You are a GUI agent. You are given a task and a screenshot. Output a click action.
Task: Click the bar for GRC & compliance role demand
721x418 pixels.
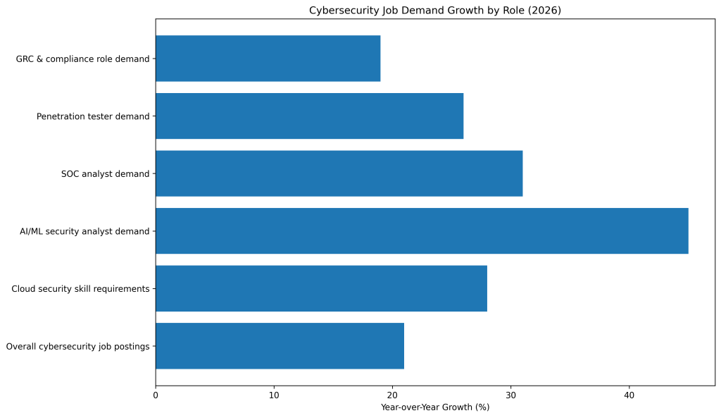tap(268, 59)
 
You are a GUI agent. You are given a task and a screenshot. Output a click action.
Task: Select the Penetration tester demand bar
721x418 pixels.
tap(309, 116)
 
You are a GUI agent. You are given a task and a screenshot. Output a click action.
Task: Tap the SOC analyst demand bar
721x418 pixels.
tap(339, 173)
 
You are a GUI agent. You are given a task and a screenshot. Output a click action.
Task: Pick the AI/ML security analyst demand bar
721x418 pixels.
tap(422, 231)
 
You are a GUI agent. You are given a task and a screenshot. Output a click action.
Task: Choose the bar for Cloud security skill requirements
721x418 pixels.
tap(321, 288)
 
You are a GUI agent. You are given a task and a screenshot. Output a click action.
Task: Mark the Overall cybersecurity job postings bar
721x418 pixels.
tap(280, 346)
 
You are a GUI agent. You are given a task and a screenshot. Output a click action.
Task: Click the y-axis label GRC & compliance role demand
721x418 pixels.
tap(82, 59)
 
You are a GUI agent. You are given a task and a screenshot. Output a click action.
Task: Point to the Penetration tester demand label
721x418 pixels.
tap(93, 116)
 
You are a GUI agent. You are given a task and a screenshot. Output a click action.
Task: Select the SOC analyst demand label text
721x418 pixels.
tap(106, 173)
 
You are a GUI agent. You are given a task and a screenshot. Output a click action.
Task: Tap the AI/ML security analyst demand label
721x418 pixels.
tap(84, 231)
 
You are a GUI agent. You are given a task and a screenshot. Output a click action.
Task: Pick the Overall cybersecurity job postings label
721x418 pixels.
tap(77, 346)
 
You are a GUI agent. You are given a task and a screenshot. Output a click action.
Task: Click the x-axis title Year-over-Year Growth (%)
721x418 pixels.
tap(435, 407)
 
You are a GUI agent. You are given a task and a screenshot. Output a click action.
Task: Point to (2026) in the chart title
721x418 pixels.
tap(547, 10)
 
